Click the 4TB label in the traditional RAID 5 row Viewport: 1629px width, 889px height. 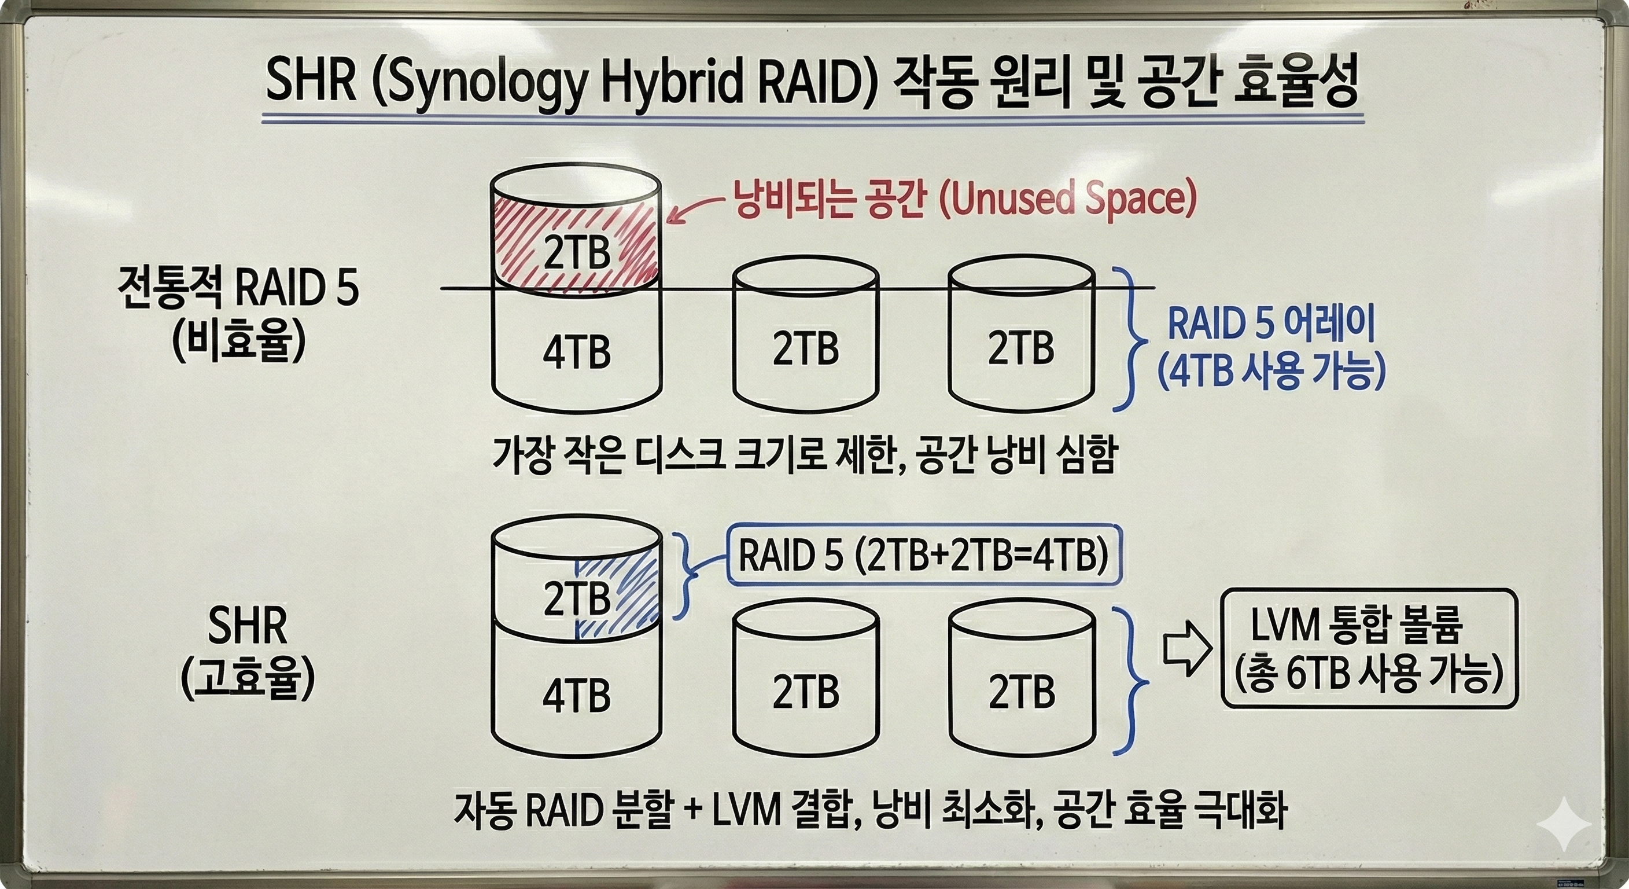577,352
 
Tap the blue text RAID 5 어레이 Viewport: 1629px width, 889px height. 1271,324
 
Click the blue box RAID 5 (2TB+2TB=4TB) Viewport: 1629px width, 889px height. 923,556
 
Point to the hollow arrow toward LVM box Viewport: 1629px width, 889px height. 1187,649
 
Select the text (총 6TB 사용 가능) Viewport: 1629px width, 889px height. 1369,676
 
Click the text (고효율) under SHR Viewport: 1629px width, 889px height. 247,679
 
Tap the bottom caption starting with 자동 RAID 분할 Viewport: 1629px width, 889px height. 869,810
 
